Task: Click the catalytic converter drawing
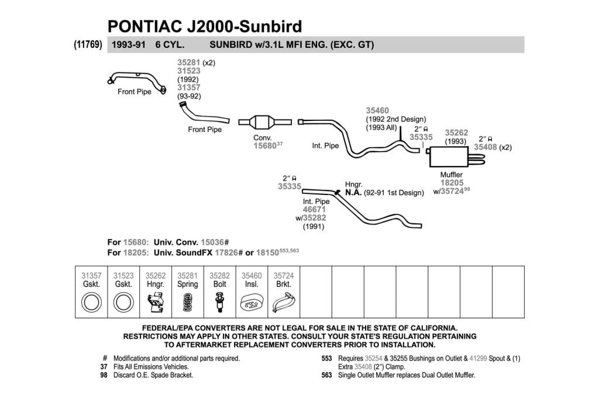[265, 122]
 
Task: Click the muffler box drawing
[449, 157]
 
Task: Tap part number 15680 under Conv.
[265, 145]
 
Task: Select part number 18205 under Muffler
[452, 183]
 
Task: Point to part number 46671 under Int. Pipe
[314, 209]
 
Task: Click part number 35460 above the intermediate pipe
[377, 110]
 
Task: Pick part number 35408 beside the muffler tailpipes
[485, 147]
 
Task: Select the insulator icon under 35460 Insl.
[252, 303]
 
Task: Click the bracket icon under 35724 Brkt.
[284, 303]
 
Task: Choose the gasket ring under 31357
[91, 303]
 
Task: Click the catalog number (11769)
[88, 44]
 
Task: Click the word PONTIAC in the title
[144, 26]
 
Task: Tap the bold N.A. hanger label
[353, 193]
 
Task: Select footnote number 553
[326, 359]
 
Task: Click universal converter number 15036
[212, 242]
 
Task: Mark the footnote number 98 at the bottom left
[104, 376]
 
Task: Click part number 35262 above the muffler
[456, 133]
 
